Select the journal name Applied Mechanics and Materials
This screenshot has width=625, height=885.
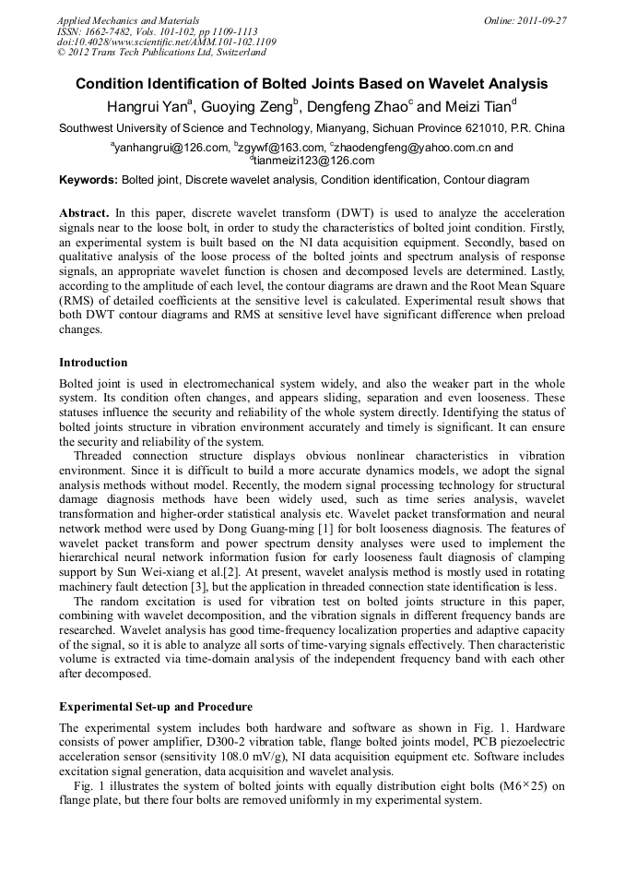127,19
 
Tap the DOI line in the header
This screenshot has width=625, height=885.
166,42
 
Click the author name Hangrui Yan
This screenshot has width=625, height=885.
147,105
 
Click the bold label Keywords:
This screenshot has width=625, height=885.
88,179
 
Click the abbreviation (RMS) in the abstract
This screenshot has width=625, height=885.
79,301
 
